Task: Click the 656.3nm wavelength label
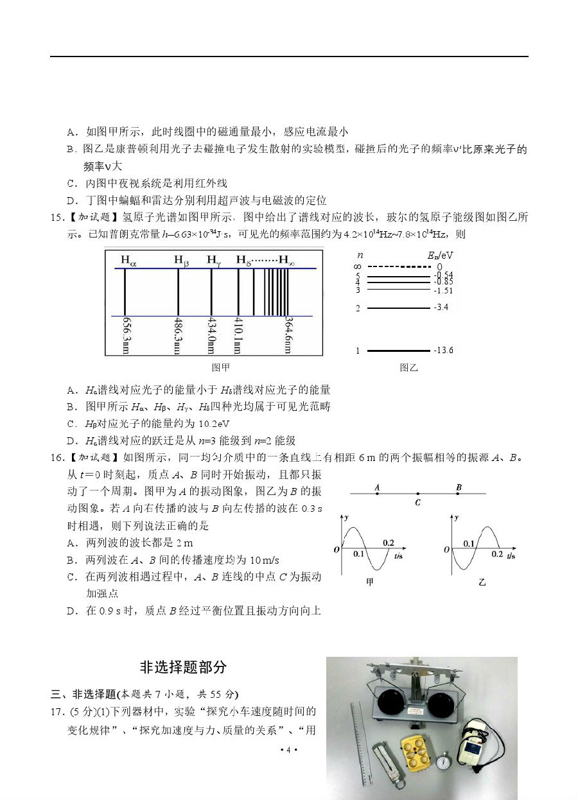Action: (125, 335)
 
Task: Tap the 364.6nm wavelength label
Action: (289, 335)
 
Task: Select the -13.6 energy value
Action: (443, 351)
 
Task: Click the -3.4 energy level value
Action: (441, 308)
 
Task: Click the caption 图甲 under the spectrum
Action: (220, 368)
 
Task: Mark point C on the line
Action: (417, 493)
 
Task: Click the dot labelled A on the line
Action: (377, 493)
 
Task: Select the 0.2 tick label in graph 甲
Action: (389, 543)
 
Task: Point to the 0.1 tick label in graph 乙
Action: (469, 543)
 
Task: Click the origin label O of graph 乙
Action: (446, 550)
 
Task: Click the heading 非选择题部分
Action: (183, 667)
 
